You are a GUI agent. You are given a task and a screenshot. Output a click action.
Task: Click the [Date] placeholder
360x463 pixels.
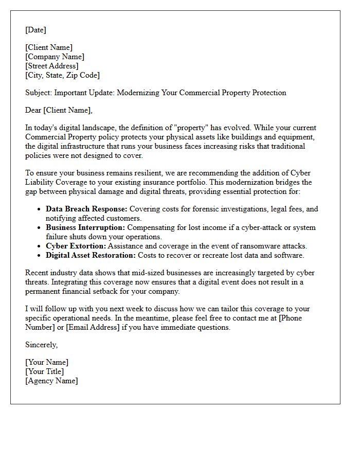coord(35,30)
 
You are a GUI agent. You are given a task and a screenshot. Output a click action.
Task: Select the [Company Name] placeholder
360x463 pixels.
coord(55,57)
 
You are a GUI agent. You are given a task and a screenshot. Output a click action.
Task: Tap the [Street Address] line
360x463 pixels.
coord(51,66)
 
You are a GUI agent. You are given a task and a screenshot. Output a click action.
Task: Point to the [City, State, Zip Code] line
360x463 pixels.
coord(62,75)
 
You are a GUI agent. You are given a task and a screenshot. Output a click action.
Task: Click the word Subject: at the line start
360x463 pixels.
coord(39,93)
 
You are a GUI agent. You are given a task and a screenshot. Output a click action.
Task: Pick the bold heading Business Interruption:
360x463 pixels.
coord(85,227)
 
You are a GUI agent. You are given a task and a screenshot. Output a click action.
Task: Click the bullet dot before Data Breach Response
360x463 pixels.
coord(40,209)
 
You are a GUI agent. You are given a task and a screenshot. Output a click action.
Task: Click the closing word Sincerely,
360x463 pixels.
coord(42,345)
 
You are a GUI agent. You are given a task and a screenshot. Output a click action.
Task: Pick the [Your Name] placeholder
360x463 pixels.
coord(47,362)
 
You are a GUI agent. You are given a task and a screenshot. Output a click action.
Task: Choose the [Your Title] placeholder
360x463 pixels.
coord(44,371)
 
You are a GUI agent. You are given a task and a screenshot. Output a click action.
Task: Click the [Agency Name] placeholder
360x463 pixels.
coord(51,381)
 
